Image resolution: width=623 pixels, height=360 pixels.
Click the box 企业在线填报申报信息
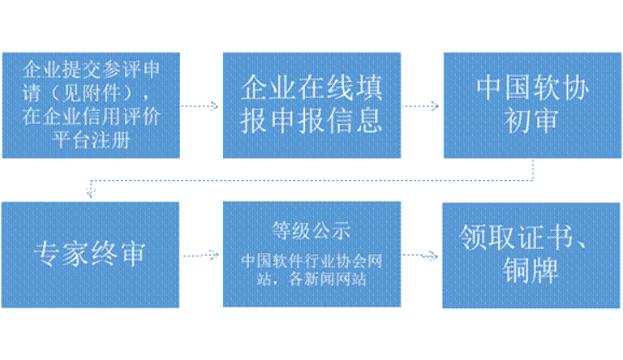pyautogui.click(x=311, y=105)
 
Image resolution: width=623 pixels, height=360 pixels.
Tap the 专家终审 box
pyautogui.click(x=90, y=255)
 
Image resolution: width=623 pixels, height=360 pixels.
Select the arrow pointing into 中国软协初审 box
pyautogui.click(x=421, y=106)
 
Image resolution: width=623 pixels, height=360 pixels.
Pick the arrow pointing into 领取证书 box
pyautogui.click(x=421, y=255)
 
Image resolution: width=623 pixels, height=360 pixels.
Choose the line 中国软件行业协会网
pyautogui.click(x=311, y=261)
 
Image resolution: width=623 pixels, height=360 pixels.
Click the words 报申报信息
pyautogui.click(x=311, y=120)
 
